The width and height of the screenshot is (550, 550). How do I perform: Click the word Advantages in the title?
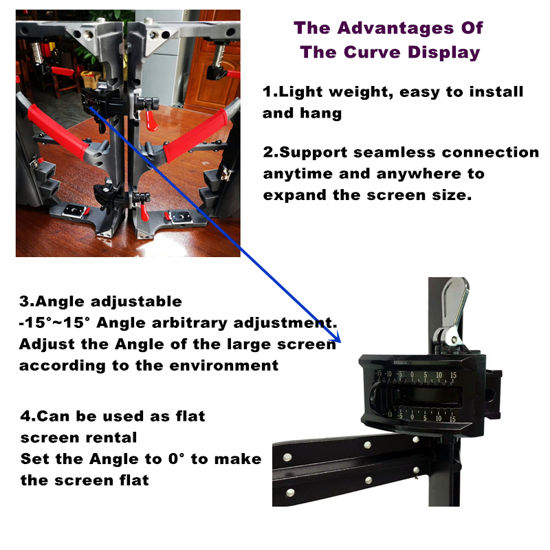pos(395,28)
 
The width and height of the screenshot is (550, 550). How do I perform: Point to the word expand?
pos(295,196)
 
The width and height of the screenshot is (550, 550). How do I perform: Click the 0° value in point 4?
pos(176,459)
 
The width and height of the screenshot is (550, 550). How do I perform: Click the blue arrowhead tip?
pos(340,342)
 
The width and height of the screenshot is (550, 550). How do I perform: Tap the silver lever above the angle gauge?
pos(453,311)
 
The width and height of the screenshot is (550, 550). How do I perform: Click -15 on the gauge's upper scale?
pos(378,374)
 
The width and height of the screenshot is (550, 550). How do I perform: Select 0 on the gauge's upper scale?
pos(412,375)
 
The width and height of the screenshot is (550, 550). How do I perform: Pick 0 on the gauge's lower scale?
pos(412,417)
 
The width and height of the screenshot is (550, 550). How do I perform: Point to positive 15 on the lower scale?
pos(452,419)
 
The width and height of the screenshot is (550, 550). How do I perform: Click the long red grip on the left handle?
pos(58,132)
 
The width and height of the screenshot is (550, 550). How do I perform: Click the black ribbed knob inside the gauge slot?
pos(377,397)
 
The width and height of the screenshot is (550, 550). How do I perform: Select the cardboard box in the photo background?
pos(90,78)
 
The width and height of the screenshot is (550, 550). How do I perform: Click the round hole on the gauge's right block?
pos(489,396)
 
